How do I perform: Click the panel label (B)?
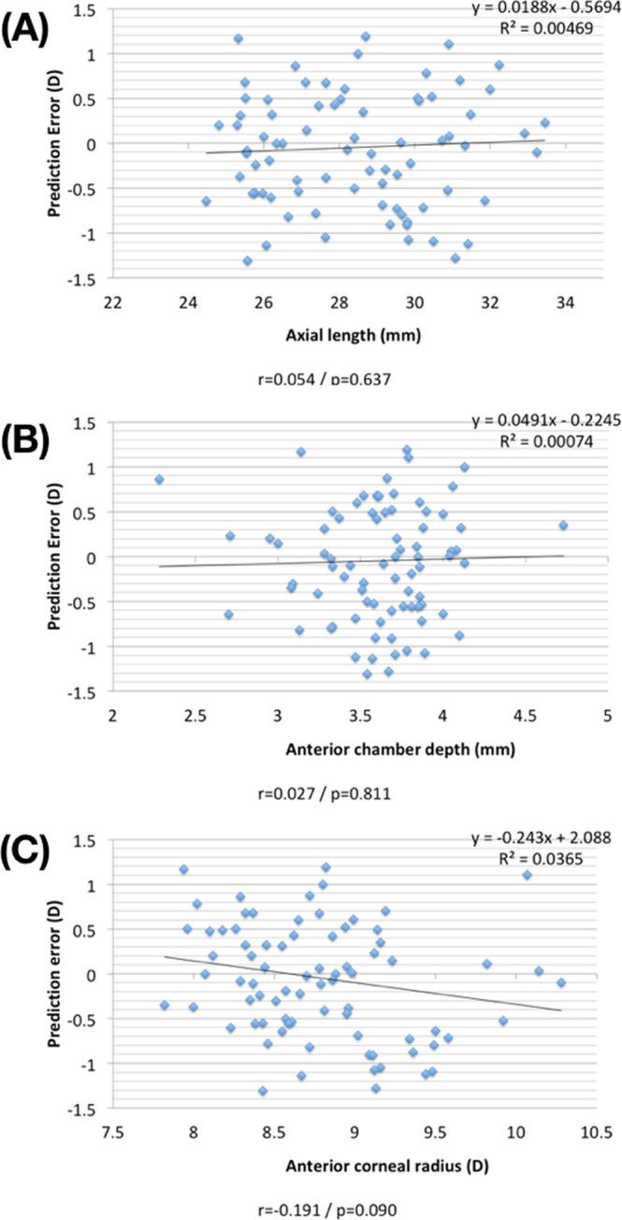pyautogui.click(x=35, y=437)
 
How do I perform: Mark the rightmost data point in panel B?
pyautogui.click(x=563, y=525)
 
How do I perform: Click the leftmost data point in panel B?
pyautogui.click(x=159, y=479)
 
